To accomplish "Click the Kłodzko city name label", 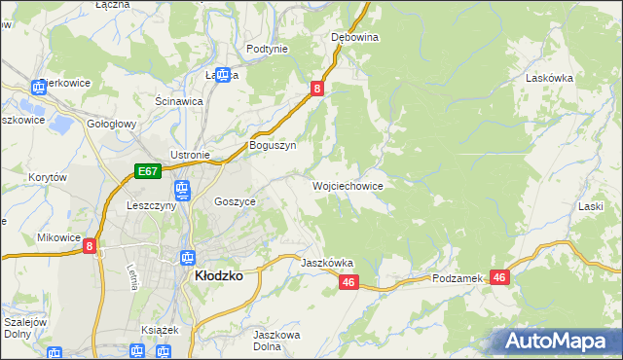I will coord(219,275).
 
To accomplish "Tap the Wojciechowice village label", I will coord(347,185).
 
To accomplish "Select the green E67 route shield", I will coord(147,172).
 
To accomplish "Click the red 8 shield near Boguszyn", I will coord(317,89).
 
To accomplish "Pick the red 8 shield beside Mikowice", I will coord(90,246).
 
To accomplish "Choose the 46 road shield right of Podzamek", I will coord(499,277).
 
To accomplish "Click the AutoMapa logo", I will coord(557,342).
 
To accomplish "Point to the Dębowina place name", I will coord(354,37).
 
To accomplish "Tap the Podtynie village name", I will coord(267,49).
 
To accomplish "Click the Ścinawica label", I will coord(178,100).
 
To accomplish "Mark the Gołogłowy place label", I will coord(111,125).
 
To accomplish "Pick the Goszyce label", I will coord(235,201).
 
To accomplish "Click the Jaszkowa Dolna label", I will coord(275,341).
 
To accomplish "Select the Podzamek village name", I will coord(458,278).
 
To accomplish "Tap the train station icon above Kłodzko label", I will coord(185,257).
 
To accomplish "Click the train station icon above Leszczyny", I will coord(180,188).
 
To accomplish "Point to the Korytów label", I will coord(47,177).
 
